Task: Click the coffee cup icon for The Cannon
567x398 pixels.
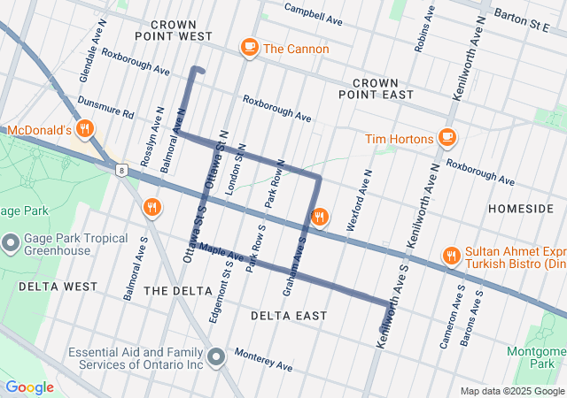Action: pyautogui.click(x=250, y=48)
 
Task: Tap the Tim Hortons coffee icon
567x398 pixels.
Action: pyautogui.click(x=447, y=139)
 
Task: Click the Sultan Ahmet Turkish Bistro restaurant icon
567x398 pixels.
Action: pyautogui.click(x=453, y=256)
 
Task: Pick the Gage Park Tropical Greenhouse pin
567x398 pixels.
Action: pyautogui.click(x=12, y=241)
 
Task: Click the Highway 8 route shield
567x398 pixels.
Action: pyautogui.click(x=120, y=168)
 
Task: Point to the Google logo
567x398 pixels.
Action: pyautogui.click(x=29, y=387)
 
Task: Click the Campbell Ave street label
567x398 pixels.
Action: pyautogui.click(x=313, y=13)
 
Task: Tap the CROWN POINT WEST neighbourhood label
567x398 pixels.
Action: pyautogui.click(x=174, y=30)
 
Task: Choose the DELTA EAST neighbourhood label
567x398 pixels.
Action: pyautogui.click(x=288, y=316)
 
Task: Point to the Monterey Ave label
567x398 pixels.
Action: pyautogui.click(x=263, y=359)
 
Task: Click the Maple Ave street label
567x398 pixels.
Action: pyautogui.click(x=221, y=253)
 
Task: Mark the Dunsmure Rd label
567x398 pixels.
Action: pyautogui.click(x=105, y=108)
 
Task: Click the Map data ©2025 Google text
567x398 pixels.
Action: pyautogui.click(x=511, y=391)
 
